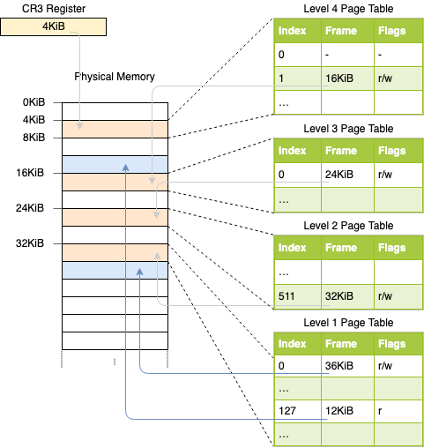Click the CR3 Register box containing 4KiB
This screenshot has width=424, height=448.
53,26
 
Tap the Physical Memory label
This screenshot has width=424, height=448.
115,77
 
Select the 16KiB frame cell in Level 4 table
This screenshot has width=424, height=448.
347,78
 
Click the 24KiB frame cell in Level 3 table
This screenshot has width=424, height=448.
347,175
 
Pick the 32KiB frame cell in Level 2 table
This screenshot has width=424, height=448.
347,296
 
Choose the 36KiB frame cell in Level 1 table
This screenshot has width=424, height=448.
347,366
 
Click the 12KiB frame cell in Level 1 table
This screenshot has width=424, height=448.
347,411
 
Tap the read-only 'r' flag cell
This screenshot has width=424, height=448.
398,411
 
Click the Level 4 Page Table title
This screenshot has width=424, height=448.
348,9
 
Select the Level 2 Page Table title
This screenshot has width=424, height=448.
348,226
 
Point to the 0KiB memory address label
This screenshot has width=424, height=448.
33,102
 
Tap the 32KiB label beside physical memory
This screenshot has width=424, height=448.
30,243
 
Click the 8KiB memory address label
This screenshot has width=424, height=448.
33,138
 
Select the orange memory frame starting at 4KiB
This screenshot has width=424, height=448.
115,129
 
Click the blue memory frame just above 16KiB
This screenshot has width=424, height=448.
115,165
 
